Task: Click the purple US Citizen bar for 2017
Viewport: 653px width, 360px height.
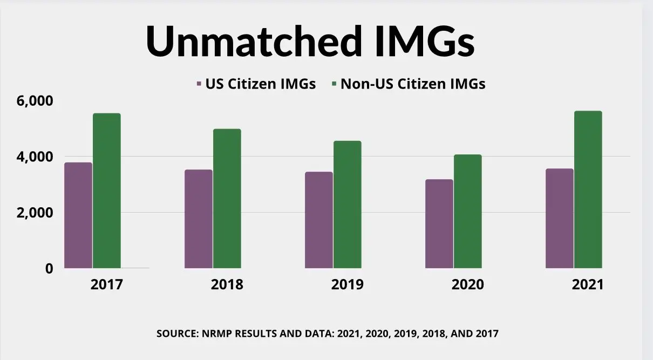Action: click(78, 215)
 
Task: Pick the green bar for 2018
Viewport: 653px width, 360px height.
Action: click(227, 198)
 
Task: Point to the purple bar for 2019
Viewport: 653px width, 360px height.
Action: click(319, 220)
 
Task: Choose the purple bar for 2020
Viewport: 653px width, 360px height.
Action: click(439, 223)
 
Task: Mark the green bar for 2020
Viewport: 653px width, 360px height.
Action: click(468, 211)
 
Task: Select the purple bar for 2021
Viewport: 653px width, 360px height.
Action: click(560, 218)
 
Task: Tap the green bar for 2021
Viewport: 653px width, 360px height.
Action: click(588, 189)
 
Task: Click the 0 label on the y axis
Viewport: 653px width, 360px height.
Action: click(49, 268)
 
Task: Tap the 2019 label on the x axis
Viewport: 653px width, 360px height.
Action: click(348, 284)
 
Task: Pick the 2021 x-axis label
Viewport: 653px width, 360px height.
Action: click(588, 284)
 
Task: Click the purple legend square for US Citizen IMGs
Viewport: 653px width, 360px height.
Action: click(199, 84)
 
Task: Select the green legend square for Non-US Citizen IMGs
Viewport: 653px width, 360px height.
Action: click(335, 84)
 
